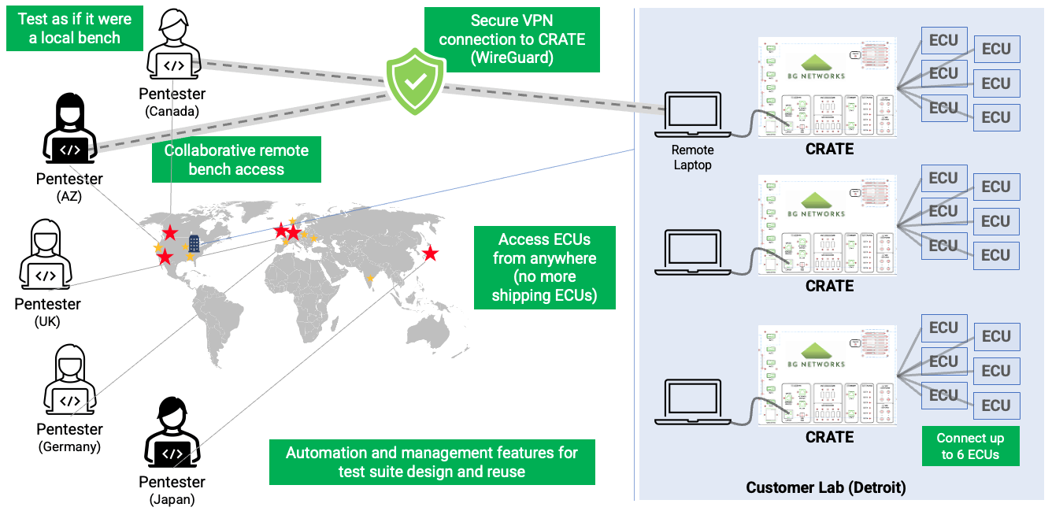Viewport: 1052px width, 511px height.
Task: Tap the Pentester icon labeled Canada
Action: tap(173, 46)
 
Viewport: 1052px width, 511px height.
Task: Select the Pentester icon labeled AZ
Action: tap(69, 128)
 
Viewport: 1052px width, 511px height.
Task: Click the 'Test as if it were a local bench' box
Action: tap(75, 28)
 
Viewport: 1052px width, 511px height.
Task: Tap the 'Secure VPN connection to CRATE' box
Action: tap(512, 39)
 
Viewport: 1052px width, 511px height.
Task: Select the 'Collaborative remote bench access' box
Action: tap(236, 159)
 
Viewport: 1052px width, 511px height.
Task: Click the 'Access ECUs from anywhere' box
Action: tap(544, 267)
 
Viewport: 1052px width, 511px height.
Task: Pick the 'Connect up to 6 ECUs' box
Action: tap(970, 446)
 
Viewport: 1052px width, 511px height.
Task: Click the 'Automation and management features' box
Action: tap(432, 462)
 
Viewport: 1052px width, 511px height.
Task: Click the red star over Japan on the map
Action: tap(430, 254)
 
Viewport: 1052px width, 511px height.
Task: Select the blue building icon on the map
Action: tap(194, 243)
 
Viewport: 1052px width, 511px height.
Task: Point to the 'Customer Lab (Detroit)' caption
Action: tap(826, 488)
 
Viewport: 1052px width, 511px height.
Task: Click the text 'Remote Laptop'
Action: tap(693, 157)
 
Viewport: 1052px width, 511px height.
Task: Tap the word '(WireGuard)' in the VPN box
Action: tap(512, 57)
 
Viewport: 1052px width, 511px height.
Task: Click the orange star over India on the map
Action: tap(370, 278)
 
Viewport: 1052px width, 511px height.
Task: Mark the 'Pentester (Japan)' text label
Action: tap(172, 490)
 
